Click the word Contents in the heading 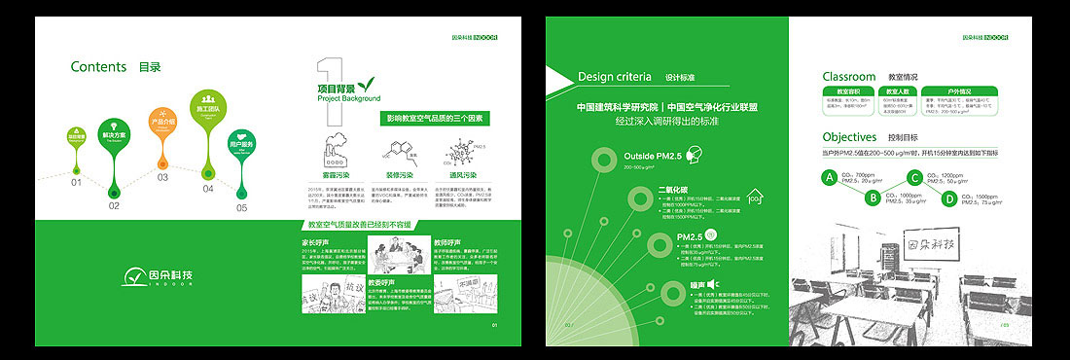tap(98, 67)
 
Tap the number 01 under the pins tap(76, 182)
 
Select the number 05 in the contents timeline tap(241, 206)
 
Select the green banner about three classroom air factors tap(434, 118)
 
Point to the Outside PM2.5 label tap(652, 156)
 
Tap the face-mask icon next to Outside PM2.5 tap(695, 156)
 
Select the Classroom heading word tap(849, 76)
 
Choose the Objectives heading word tap(849, 137)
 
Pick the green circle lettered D tap(949, 198)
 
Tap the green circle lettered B tap(874, 198)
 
